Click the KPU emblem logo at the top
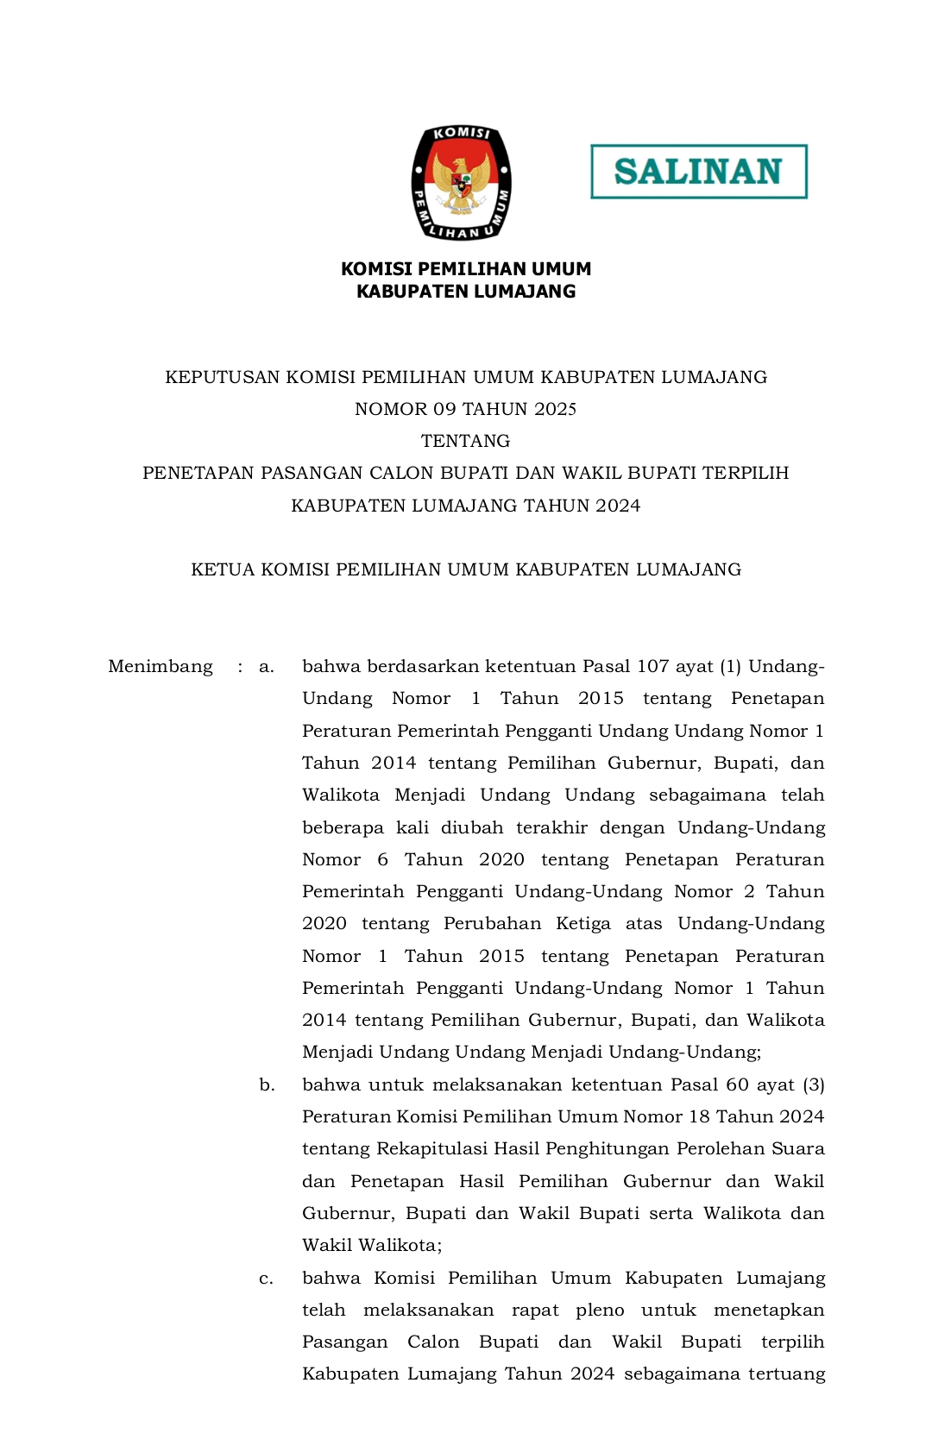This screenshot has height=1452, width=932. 461,182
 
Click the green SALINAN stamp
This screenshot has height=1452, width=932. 698,172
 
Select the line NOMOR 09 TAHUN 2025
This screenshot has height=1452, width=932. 465,409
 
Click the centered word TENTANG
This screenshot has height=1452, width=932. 465,441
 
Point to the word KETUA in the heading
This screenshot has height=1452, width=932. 222,569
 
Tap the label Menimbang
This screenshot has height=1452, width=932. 161,666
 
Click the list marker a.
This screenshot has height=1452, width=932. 267,666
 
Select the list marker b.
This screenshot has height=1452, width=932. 268,1084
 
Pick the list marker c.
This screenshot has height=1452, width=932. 267,1278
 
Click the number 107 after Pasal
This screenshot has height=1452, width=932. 653,666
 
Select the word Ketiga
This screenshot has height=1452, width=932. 583,923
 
